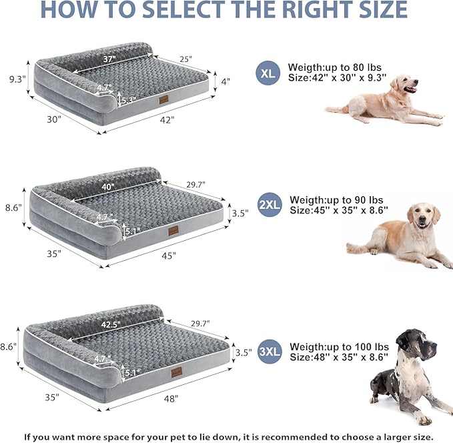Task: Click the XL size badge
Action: pos(268,74)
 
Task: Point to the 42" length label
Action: pos(167,120)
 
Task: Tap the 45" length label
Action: pos(168,255)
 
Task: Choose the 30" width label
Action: pos(54,119)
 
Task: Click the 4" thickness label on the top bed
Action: pos(225,81)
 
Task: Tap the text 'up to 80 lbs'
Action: pos(353,68)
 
